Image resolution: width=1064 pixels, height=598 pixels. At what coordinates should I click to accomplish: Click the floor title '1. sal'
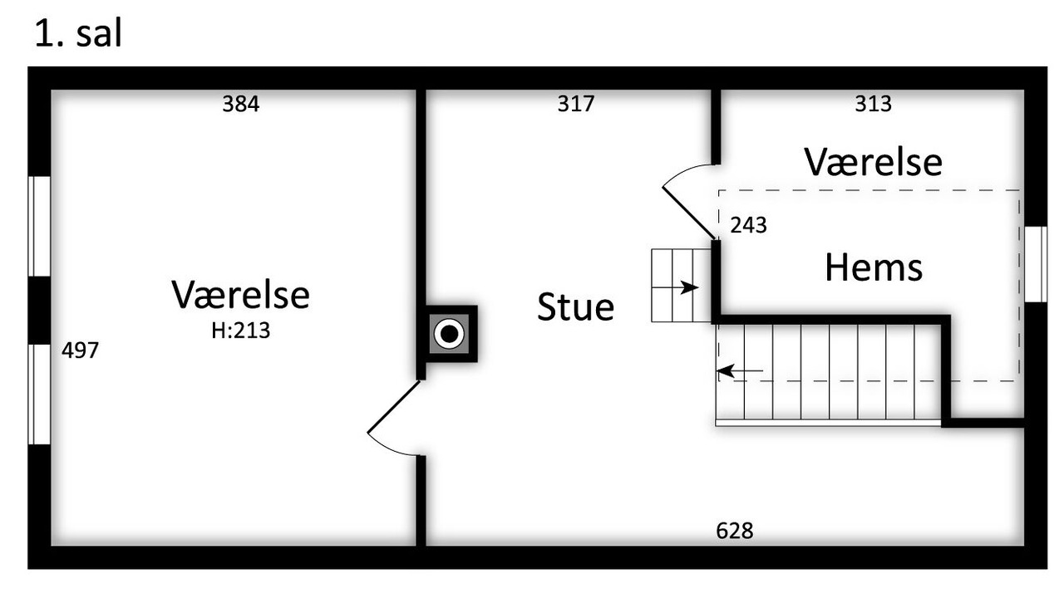tap(78, 35)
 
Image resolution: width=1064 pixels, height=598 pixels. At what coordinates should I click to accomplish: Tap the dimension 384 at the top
tap(240, 104)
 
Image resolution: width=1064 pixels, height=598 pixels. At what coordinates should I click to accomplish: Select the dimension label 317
tap(576, 104)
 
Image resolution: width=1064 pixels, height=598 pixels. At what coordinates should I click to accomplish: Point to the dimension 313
tap(873, 104)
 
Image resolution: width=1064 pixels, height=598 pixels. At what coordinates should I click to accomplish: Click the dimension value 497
tap(80, 350)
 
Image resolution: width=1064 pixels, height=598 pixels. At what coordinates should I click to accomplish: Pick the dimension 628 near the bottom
tap(734, 531)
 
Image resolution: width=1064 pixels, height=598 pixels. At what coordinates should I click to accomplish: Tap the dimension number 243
tap(748, 225)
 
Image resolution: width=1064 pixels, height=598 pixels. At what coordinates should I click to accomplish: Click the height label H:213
tap(240, 331)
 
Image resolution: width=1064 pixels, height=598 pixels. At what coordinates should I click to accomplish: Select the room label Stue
tap(575, 307)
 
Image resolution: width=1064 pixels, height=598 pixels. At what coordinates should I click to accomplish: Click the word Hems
tap(873, 268)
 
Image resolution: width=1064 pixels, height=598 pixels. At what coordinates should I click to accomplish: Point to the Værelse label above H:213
tap(240, 295)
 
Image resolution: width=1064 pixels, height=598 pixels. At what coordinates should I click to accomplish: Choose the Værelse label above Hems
tap(873, 162)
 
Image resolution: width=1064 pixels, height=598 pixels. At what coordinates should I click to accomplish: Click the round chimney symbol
tap(450, 334)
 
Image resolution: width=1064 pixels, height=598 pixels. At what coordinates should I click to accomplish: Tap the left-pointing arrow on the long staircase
tap(740, 370)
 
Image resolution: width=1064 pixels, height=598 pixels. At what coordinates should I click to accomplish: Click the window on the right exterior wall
tap(1035, 264)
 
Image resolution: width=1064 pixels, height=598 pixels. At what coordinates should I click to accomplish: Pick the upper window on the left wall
tap(39, 226)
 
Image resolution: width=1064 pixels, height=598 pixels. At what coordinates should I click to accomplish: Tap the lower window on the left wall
tap(39, 394)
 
